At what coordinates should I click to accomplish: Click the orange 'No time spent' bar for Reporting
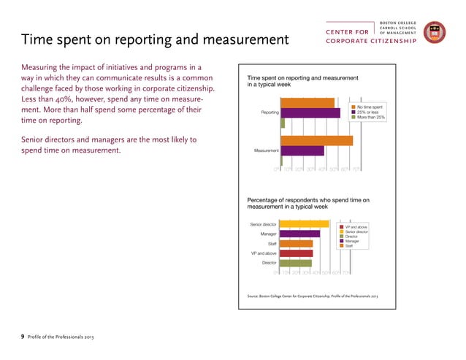[308, 103]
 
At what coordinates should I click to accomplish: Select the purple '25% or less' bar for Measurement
[302, 150]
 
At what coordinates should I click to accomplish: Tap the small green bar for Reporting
[283, 123]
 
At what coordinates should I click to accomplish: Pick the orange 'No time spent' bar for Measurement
[317, 140]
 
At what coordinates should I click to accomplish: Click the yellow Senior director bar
[305, 223]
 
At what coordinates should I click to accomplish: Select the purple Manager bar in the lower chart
[300, 234]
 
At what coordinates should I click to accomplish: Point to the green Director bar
[296, 263]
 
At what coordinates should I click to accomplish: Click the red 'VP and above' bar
[297, 253]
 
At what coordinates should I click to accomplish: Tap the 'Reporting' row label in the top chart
[267, 113]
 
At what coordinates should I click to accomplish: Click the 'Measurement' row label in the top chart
[265, 150]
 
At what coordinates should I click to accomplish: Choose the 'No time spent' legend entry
[370, 107]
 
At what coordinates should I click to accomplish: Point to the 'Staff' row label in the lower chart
[272, 244]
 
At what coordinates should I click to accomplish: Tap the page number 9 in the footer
[22, 336]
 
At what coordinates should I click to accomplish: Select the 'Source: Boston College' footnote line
[313, 296]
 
